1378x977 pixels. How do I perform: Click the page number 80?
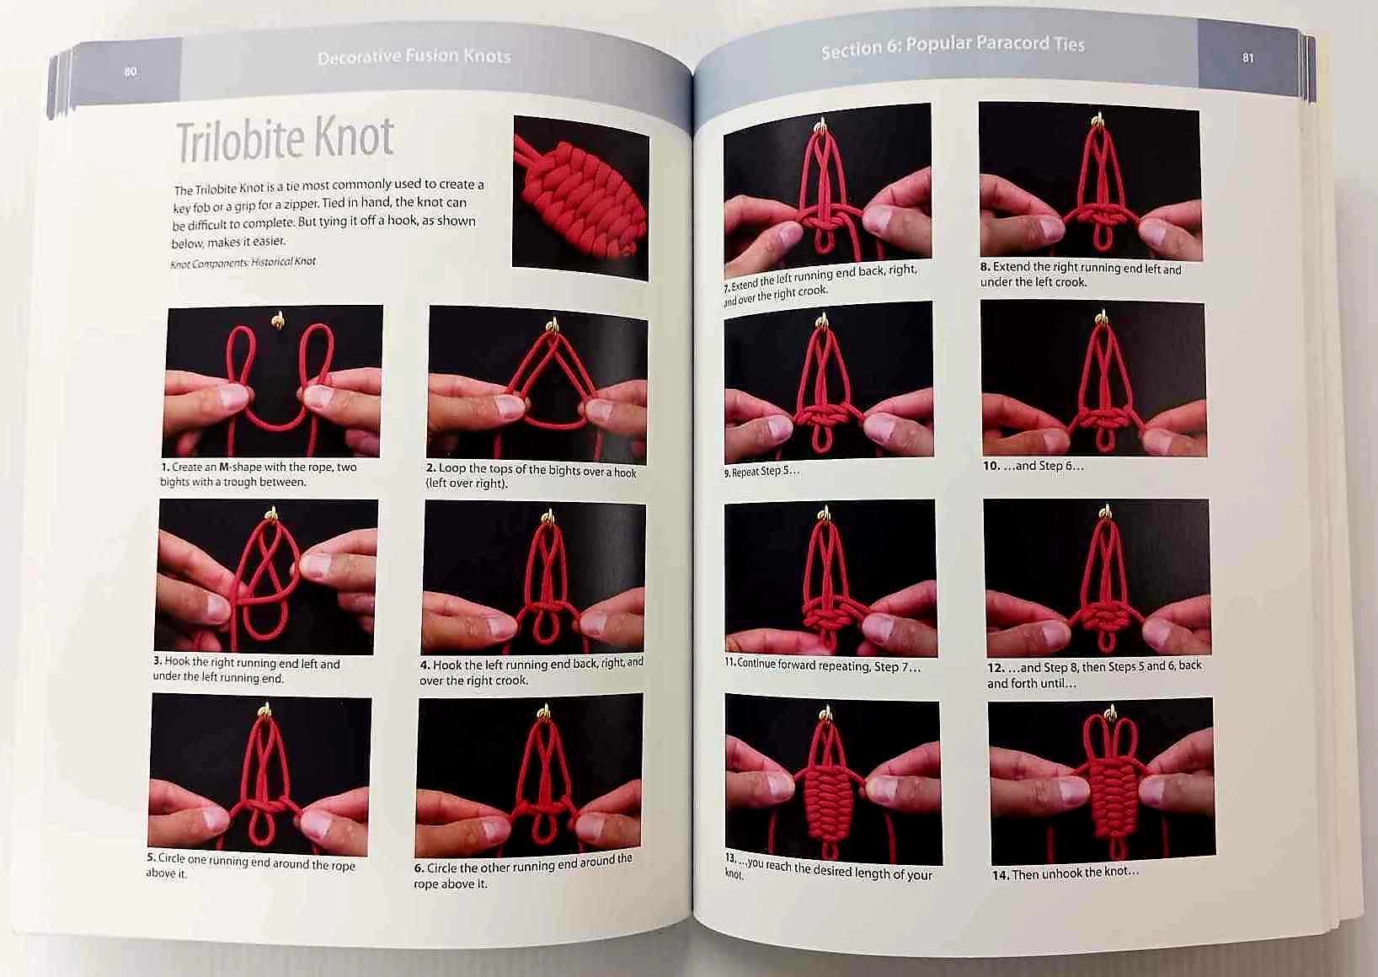coord(131,72)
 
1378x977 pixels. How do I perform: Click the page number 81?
coord(1247,58)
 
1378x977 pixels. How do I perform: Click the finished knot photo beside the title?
coord(580,197)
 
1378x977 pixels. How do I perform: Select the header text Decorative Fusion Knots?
coord(414,56)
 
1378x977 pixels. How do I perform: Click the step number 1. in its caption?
coord(165,467)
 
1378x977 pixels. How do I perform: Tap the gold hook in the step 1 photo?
coord(278,320)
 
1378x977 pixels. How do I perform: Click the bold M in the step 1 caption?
coord(225,467)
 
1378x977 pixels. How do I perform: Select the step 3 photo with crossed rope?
coord(266,577)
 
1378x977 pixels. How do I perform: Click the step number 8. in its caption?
coord(985,267)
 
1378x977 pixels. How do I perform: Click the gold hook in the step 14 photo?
coord(1110,713)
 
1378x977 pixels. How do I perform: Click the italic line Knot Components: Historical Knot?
coord(243,263)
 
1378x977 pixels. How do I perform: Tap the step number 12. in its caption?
coord(996,667)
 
